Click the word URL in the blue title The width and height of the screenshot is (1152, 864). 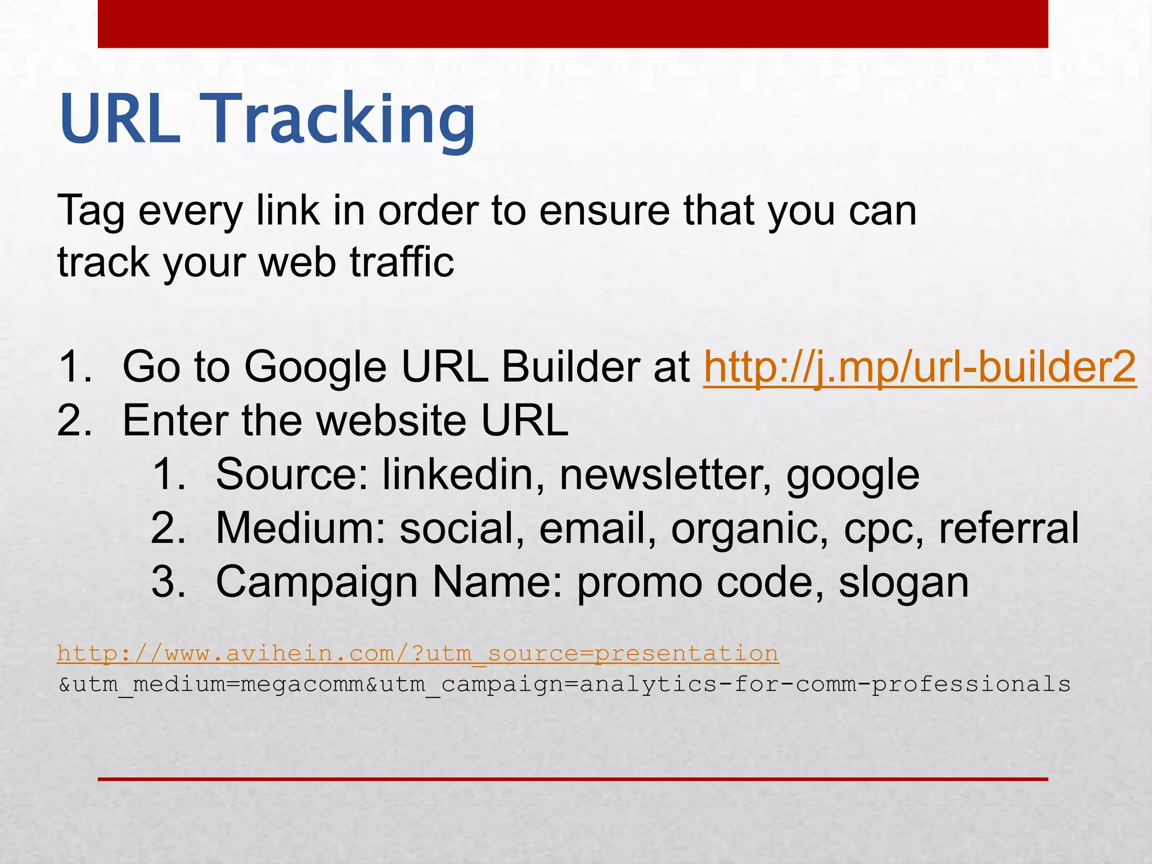click(x=120, y=119)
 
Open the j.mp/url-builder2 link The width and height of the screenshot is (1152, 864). click(x=920, y=367)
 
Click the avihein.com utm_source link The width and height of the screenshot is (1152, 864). click(x=418, y=654)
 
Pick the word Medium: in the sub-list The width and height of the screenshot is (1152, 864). click(x=301, y=528)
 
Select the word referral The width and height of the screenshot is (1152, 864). click(x=1009, y=528)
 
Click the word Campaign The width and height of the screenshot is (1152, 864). click(x=316, y=583)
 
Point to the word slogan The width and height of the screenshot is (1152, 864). click(x=904, y=583)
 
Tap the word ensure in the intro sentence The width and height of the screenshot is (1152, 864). click(x=604, y=210)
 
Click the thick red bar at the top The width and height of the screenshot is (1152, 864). click(x=573, y=24)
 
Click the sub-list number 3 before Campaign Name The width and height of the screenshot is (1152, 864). click(x=168, y=582)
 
